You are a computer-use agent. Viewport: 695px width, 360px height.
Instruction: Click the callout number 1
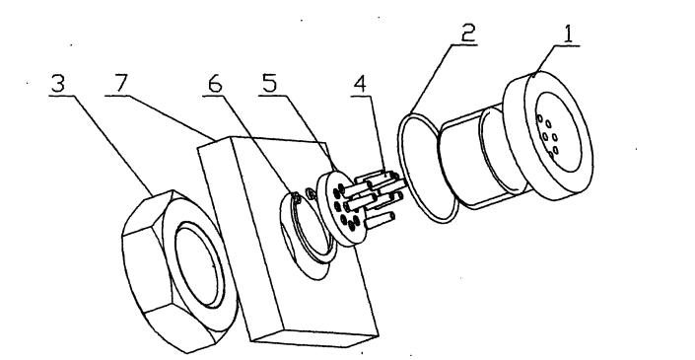569,35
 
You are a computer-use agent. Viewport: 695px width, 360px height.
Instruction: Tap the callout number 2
468,33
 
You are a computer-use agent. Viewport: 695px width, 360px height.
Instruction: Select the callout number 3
58,83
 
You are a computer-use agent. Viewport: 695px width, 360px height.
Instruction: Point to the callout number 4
360,84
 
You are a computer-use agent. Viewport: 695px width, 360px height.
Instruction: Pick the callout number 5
269,83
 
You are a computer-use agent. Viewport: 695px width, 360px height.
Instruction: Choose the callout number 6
215,84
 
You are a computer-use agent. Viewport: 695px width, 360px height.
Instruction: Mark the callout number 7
121,83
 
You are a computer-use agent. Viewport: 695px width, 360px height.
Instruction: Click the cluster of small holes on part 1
548,136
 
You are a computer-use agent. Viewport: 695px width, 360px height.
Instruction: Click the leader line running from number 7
162,117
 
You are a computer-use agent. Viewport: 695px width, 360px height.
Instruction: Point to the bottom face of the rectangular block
315,338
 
